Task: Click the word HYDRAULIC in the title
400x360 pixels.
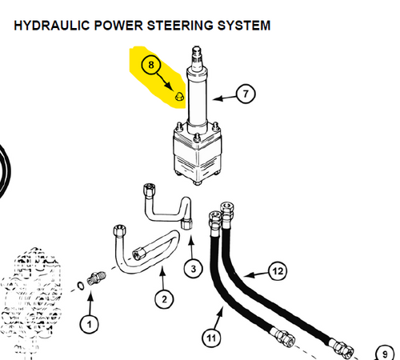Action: tap(52, 26)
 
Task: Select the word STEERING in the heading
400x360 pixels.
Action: tap(180, 26)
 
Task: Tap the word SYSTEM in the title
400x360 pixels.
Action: tap(244, 26)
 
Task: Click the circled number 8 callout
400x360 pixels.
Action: tap(151, 65)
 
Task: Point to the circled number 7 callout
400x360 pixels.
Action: tap(246, 94)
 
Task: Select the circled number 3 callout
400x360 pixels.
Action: tap(194, 269)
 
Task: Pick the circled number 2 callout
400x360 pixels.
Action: tap(164, 299)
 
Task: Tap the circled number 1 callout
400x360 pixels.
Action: tap(90, 325)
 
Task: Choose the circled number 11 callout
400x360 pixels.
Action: tap(211, 338)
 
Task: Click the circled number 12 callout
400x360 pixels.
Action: tap(278, 271)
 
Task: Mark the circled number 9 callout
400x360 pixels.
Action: tap(385, 354)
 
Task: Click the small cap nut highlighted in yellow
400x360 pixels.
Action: tap(178, 96)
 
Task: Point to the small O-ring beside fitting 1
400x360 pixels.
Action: tap(81, 286)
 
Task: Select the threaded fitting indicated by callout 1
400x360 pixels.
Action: tap(96, 278)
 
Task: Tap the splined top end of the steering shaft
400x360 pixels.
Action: tap(197, 57)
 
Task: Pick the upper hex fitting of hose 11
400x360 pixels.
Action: tap(215, 218)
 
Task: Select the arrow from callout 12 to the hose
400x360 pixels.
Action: tap(256, 274)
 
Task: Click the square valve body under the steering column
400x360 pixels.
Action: tap(197, 154)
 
